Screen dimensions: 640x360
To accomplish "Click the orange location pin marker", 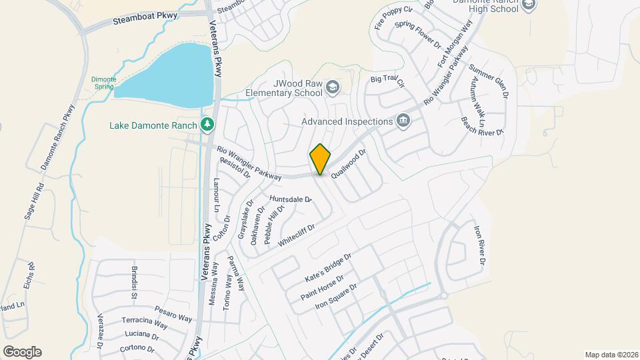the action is point(321,159).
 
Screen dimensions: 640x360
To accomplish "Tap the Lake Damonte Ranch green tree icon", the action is point(207,125).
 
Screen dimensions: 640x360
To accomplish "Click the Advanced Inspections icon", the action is point(403,121).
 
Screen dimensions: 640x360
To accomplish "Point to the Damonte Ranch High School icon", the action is point(529,5).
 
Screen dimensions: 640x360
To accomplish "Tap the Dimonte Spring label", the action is point(103,83).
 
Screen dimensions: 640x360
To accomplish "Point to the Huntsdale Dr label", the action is point(291,199).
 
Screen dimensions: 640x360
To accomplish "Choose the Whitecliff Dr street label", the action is point(296,236).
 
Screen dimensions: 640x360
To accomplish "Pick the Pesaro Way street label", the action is point(156,311).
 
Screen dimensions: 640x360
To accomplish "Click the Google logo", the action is point(22,351).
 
